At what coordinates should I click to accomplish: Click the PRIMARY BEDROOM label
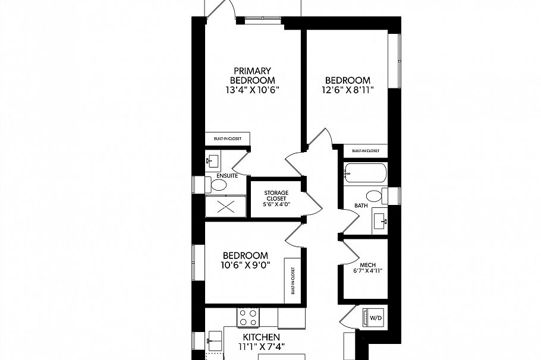253,75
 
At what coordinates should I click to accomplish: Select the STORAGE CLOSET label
276,196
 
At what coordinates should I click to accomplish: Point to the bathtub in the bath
365,174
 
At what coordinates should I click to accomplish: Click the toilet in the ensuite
218,186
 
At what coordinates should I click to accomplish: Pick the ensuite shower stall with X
224,207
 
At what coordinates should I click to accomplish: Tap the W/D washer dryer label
376,317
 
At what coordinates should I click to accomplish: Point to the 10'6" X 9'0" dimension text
243,266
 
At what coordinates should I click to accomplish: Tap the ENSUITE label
228,176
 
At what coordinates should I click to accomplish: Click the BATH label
361,206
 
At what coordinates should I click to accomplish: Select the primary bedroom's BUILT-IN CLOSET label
227,139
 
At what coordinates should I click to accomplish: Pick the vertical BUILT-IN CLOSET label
292,280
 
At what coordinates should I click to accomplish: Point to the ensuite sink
212,160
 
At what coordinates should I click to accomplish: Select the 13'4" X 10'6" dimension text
253,90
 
